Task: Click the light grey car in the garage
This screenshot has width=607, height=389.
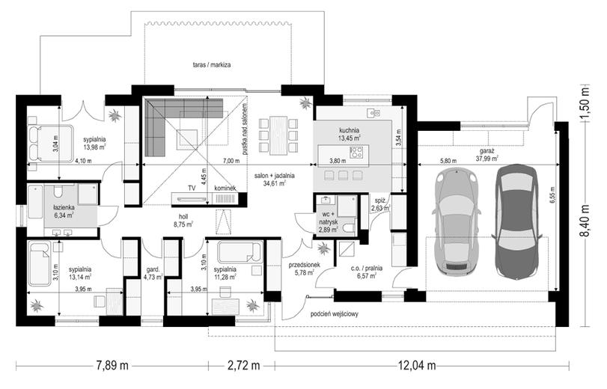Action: pyautogui.click(x=457, y=222)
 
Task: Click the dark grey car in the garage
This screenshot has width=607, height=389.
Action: pyautogui.click(x=516, y=223)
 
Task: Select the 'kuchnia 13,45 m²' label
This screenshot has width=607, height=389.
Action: pyautogui.click(x=350, y=134)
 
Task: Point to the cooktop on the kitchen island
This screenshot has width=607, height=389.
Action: pyautogui.click(x=356, y=152)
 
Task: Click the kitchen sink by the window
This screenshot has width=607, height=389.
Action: pyautogui.click(x=373, y=113)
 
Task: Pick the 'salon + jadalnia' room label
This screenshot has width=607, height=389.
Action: pyautogui.click(x=275, y=176)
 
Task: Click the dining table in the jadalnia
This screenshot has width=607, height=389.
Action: pyautogui.click(x=278, y=135)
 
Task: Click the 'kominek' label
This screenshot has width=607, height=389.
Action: pyautogui.click(x=225, y=188)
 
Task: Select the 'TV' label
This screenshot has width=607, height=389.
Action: pyautogui.click(x=192, y=188)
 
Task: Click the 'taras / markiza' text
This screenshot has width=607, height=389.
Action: pyautogui.click(x=212, y=64)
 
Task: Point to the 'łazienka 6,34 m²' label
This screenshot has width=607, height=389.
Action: pyautogui.click(x=64, y=212)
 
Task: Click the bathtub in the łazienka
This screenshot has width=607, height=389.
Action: pyautogui.click(x=35, y=201)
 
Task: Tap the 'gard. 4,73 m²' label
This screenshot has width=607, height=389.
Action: pyautogui.click(x=153, y=273)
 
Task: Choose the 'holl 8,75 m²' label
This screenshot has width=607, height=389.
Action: pyautogui.click(x=183, y=220)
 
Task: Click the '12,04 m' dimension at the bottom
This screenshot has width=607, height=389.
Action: pyautogui.click(x=417, y=365)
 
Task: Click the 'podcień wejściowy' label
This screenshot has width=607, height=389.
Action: pyautogui.click(x=335, y=314)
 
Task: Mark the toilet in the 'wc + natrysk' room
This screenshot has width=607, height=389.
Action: pyautogui.click(x=350, y=227)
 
